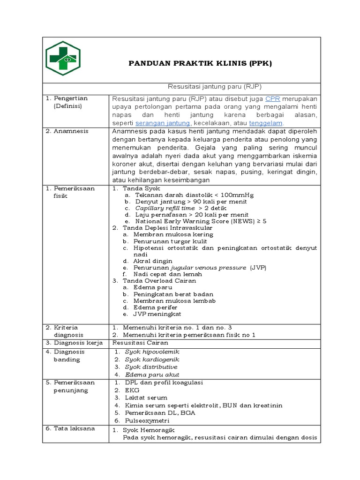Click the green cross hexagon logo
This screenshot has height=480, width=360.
(63, 58)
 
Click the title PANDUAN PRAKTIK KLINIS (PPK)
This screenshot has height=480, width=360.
(200, 63)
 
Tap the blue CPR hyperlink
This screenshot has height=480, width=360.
(272, 99)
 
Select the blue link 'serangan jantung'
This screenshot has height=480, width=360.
(162, 123)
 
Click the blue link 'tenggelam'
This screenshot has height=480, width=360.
(265, 123)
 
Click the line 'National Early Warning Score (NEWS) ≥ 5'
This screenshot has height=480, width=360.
(201, 221)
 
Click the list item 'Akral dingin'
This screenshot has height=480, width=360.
(153, 261)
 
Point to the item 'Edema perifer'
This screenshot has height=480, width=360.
(155, 307)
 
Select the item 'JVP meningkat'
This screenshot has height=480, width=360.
(157, 314)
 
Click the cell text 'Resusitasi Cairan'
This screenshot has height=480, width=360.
(140, 343)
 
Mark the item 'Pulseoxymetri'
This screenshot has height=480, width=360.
(146, 420)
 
